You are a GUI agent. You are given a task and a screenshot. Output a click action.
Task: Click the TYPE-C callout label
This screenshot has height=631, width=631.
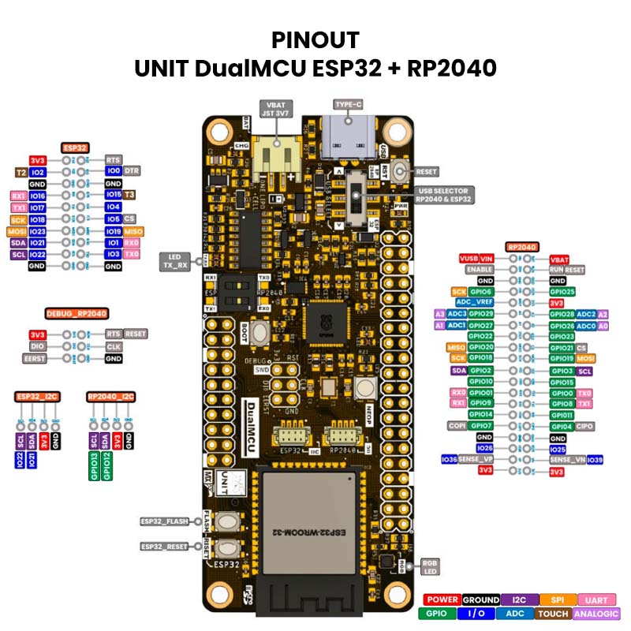coord(348,104)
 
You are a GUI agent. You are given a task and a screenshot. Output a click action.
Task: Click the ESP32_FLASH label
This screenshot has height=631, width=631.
coord(165,521)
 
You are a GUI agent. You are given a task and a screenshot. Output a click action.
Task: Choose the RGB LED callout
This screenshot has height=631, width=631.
coord(430,567)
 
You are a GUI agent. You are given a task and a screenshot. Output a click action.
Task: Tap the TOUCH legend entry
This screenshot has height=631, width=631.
coord(554,613)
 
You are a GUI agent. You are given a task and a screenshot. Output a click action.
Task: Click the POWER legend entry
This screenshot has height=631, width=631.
coord(442,600)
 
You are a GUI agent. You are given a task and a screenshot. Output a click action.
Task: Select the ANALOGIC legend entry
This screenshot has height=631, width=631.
coord(597,613)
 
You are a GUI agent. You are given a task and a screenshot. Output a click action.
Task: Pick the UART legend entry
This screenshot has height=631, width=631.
coord(598,600)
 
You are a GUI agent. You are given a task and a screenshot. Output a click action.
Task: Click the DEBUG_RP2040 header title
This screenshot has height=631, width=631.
coord(77,313)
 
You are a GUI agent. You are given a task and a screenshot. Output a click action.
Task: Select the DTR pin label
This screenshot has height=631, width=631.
coord(132,170)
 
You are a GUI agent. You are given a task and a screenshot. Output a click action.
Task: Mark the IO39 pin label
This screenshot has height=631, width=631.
coord(596,459)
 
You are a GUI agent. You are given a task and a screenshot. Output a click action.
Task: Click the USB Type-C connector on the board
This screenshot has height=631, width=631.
coord(347,136)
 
